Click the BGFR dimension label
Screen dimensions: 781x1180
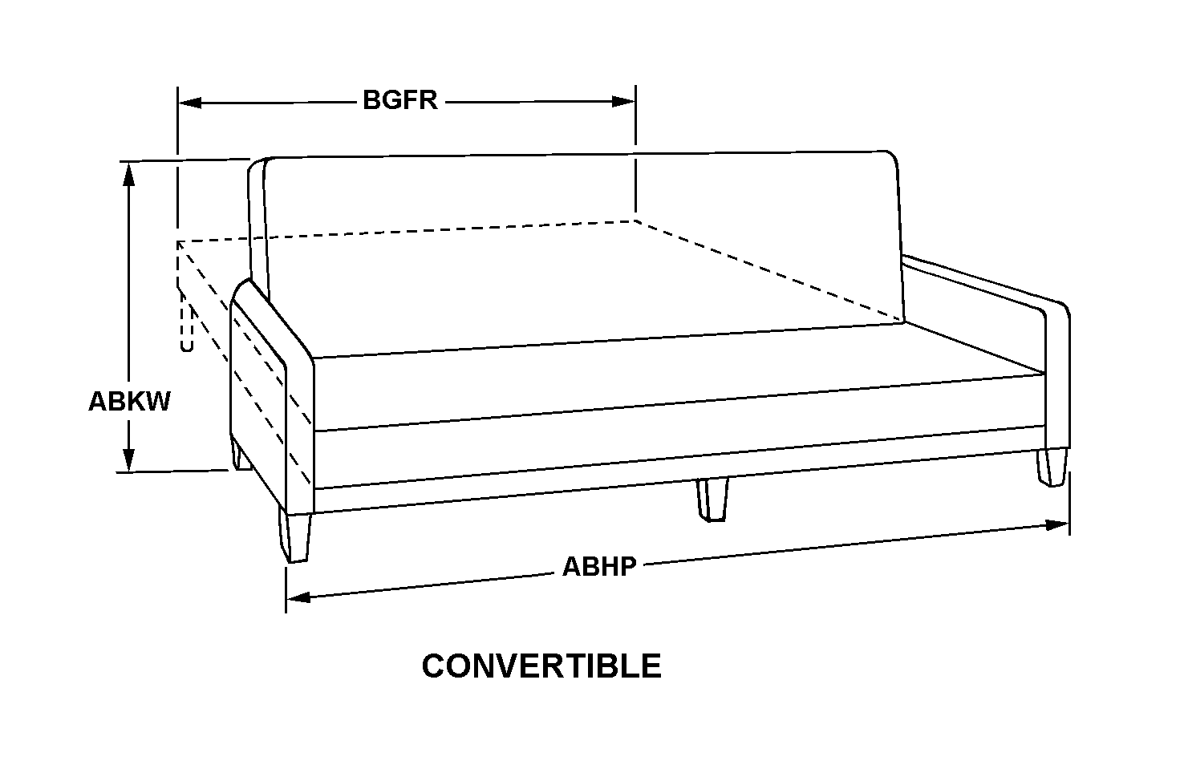[x=399, y=101]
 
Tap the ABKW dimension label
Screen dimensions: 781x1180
[x=129, y=401]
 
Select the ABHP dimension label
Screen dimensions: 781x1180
[x=599, y=566]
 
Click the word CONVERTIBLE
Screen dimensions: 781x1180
[x=541, y=666]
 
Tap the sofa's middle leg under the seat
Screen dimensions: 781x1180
[x=712, y=500]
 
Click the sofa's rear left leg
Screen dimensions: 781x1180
[x=238, y=454]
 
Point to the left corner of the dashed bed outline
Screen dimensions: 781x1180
[x=178, y=241]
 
